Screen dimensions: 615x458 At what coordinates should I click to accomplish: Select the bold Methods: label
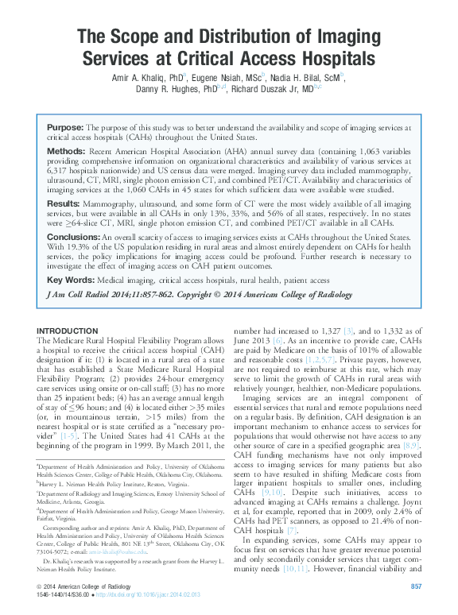tap(66, 150)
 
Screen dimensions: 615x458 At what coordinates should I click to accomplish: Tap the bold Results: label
tap(65, 204)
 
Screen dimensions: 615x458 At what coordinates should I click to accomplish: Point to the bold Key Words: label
tap(69, 280)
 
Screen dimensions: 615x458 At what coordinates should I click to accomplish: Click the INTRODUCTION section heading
tap(68, 331)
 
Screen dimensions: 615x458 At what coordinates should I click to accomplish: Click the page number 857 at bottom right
tap(415, 586)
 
